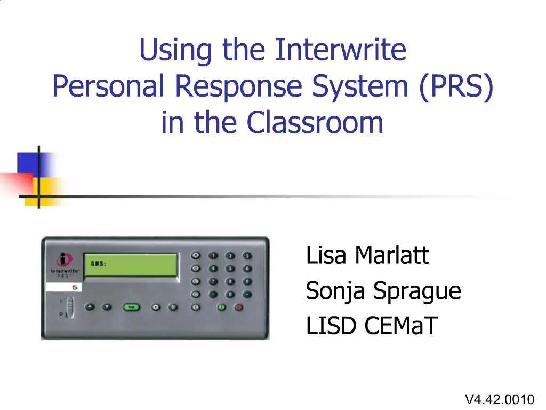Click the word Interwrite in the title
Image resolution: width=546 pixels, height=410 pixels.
(x=341, y=50)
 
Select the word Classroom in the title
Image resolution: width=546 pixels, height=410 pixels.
(x=315, y=123)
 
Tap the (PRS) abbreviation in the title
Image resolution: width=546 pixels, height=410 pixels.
(x=455, y=86)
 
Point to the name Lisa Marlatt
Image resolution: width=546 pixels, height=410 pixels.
(x=367, y=256)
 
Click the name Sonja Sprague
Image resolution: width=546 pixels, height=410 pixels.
(x=383, y=291)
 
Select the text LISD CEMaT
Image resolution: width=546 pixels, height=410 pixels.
(x=371, y=326)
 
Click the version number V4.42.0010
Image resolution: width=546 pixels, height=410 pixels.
(x=499, y=399)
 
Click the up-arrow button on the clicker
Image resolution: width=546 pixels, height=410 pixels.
(x=90, y=307)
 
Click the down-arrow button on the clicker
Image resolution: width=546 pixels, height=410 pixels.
(x=107, y=307)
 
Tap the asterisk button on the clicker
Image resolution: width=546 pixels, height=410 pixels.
(x=172, y=307)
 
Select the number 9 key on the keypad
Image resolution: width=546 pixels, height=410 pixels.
(x=246, y=281)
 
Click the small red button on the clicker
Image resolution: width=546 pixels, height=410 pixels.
(x=238, y=307)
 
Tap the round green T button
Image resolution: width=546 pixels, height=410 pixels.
(x=221, y=307)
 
